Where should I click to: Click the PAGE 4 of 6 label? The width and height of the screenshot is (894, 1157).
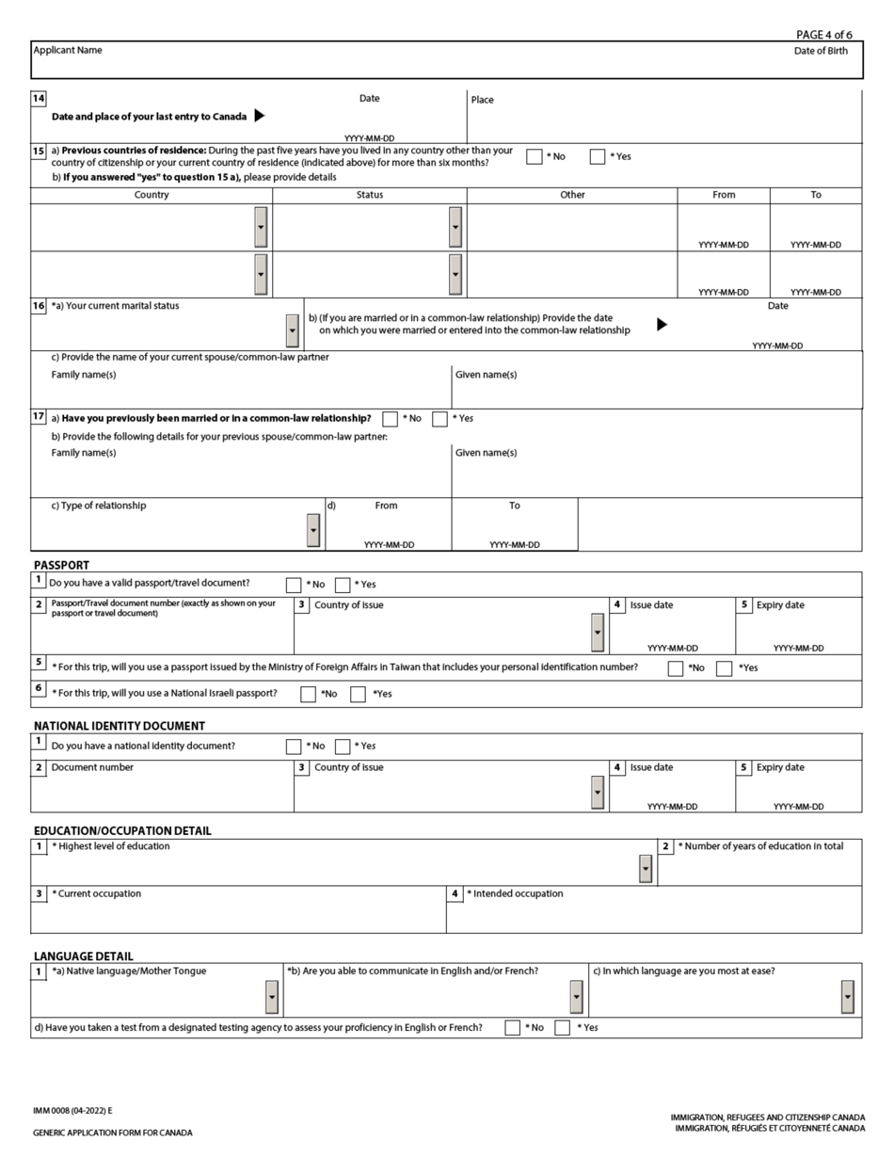823,35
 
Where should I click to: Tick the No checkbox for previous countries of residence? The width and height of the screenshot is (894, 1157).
535,156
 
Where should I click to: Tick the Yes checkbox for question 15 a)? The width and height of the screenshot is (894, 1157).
598,156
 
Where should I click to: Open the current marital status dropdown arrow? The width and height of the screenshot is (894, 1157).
292,330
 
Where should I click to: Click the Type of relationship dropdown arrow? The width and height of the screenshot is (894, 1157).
313,530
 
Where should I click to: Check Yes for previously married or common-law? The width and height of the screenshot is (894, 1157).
439,419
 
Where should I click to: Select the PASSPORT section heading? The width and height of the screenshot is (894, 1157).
61,565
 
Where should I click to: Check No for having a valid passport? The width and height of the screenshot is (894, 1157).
294,585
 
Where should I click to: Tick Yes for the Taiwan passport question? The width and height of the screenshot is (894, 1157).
724,668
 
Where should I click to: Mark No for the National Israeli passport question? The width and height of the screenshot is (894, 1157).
308,695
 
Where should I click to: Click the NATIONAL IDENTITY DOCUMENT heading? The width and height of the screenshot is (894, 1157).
120,726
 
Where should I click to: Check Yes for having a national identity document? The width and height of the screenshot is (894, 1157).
343,747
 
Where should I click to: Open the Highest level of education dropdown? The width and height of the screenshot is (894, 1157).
645,868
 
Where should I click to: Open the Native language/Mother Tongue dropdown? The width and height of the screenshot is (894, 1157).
272,997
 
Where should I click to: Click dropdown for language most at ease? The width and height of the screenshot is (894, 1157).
847,997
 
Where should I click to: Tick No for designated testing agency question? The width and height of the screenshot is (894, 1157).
512,1028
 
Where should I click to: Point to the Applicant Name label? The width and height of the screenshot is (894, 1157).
68,50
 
